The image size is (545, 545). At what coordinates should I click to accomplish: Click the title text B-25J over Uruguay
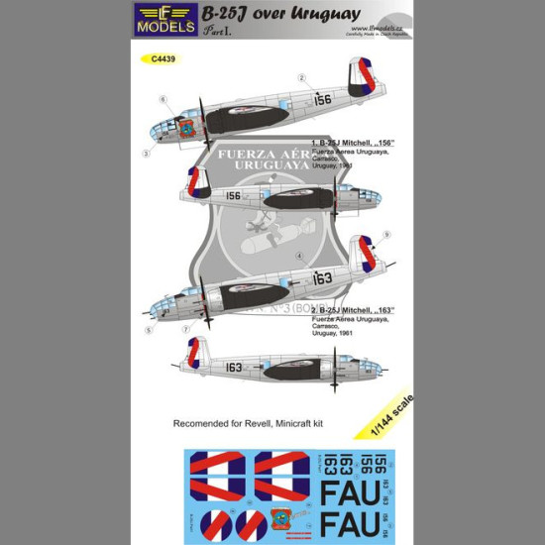click(x=257, y=15)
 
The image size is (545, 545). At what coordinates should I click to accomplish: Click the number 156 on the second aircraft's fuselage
click(x=233, y=196)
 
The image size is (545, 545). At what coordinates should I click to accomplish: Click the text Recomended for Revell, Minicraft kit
click(x=250, y=423)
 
